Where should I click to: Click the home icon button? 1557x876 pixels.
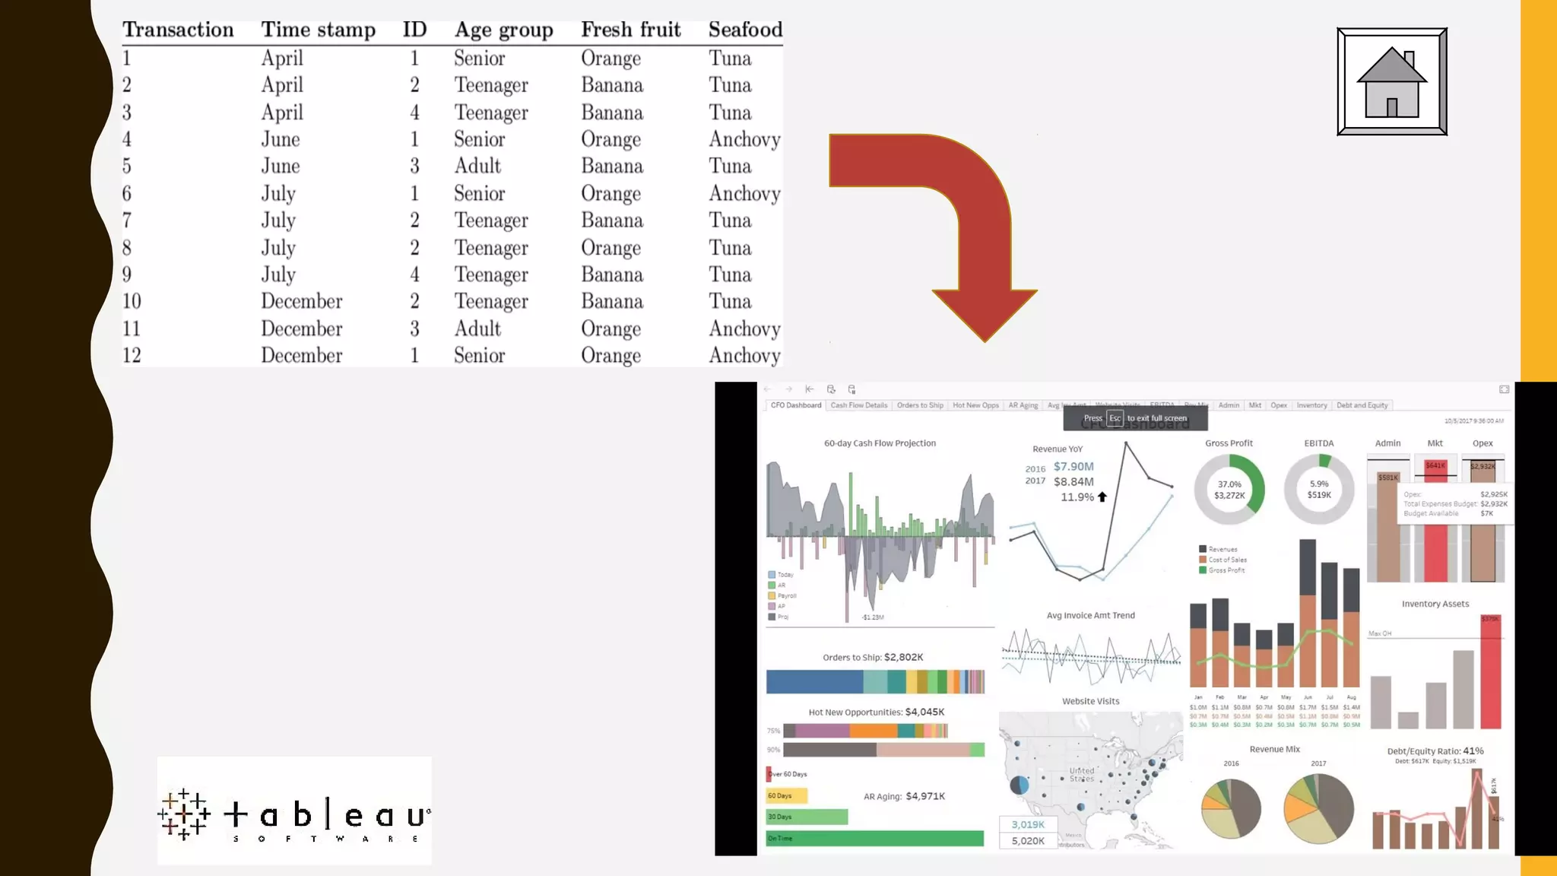tap(1391, 81)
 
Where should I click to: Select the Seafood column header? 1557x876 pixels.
tap(745, 30)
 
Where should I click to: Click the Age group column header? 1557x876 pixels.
tap(503, 30)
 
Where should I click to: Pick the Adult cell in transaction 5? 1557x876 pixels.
tap(477, 166)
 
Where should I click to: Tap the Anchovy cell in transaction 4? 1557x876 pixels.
tap(744, 139)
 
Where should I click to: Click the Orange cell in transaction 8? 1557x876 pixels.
tap(610, 248)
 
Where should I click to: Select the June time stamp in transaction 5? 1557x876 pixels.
tap(281, 166)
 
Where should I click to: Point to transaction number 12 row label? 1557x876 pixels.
tap(132, 355)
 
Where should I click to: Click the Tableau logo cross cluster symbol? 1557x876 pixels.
tap(184, 814)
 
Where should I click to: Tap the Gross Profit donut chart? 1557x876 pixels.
tap(1229, 490)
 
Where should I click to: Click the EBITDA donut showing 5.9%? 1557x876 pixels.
tap(1319, 490)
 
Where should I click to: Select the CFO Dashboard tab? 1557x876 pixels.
tap(795, 405)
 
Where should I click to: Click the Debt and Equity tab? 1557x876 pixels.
tap(1362, 405)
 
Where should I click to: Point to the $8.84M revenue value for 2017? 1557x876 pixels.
tap(1073, 481)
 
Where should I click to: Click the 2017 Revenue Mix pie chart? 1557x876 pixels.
tap(1318, 808)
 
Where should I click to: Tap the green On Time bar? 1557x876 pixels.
tap(874, 838)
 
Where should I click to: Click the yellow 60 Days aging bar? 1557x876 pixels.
tap(786, 795)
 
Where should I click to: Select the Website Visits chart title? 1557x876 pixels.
tap(1090, 701)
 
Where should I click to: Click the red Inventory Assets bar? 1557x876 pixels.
tap(1491, 672)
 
